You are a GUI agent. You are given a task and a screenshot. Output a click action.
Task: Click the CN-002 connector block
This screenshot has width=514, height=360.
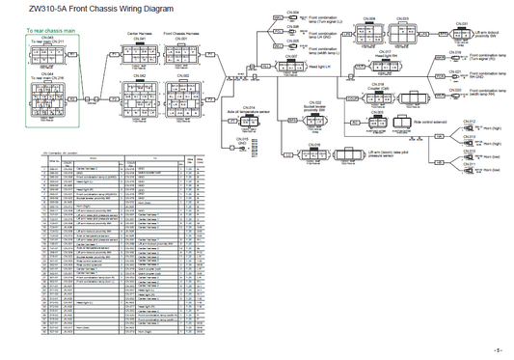click(184, 93)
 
